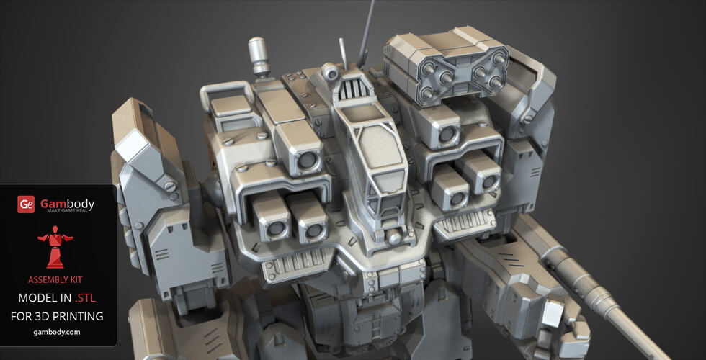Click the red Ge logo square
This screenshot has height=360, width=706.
pos(26,204)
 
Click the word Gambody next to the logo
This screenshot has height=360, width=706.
pos(67,203)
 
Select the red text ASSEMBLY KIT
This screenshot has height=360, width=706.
pos(58,279)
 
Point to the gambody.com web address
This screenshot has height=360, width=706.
pos(57,332)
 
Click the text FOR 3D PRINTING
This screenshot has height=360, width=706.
pos(57,316)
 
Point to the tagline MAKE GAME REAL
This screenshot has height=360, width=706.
pos(67,211)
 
